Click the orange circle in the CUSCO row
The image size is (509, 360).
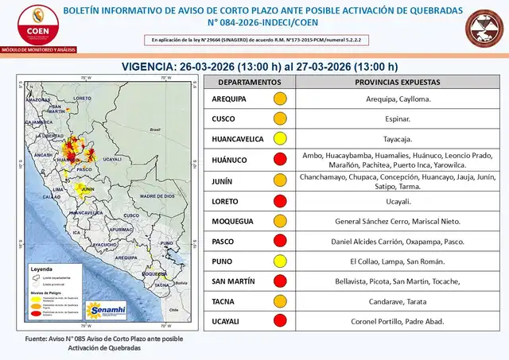pyautogui.click(x=280, y=119)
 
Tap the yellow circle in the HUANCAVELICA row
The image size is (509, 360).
pyautogui.click(x=280, y=139)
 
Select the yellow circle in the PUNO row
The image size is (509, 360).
pyautogui.click(x=280, y=261)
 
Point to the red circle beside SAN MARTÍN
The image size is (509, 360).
pyautogui.click(x=280, y=281)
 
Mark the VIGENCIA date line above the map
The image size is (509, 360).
pyautogui.click(x=259, y=66)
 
